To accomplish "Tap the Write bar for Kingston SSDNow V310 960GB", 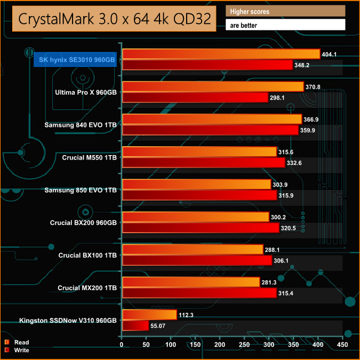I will click(x=135, y=325).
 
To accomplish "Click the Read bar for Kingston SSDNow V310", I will click(x=149, y=315).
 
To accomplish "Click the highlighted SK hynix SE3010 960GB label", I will click(x=75, y=59).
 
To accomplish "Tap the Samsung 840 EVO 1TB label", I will click(x=80, y=125).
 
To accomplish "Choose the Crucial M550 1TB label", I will click(x=90, y=157).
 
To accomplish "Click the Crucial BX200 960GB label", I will click(x=83, y=223).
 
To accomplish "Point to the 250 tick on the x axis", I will click(x=245, y=344).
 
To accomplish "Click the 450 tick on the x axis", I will click(x=343, y=344).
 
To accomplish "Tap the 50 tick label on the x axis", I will click(x=146, y=344).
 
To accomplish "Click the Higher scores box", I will click(x=285, y=12).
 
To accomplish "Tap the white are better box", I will click(x=285, y=25).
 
